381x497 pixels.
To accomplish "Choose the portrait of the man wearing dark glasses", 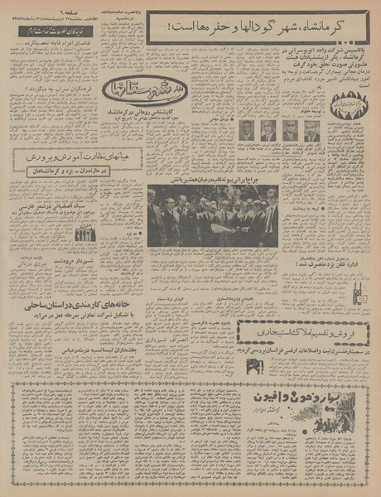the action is [x=290, y=130].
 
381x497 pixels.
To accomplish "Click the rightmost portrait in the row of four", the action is [x=311, y=130].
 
